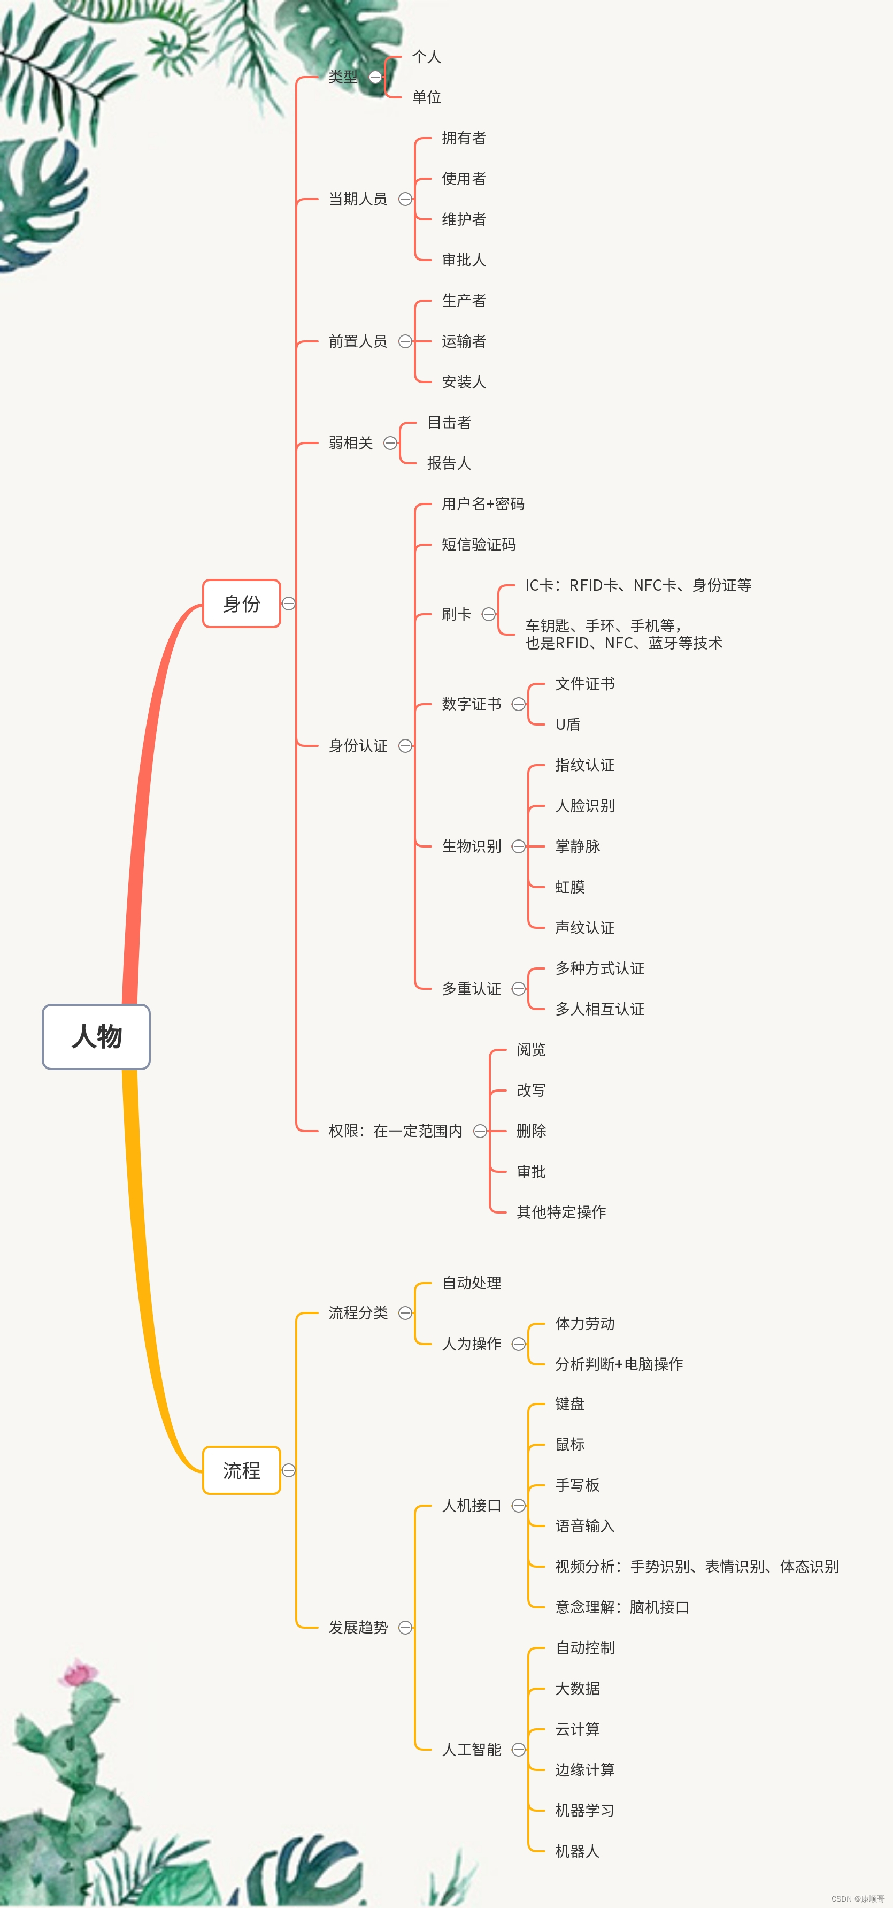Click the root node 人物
tap(96, 1036)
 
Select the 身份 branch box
tap(241, 604)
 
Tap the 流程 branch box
tap(241, 1470)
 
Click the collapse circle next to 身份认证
tap(405, 745)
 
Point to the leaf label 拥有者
tap(464, 138)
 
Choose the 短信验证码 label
tap(479, 544)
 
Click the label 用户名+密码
tap(483, 503)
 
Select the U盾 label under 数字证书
tap(567, 724)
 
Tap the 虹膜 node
tap(569, 887)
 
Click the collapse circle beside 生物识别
tap(518, 846)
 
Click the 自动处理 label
tap(471, 1283)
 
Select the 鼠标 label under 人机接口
tap(569, 1444)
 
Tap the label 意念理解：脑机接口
tap(622, 1607)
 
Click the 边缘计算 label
tap(584, 1769)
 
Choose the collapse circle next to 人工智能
tap(518, 1750)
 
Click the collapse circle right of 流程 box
tap(289, 1470)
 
